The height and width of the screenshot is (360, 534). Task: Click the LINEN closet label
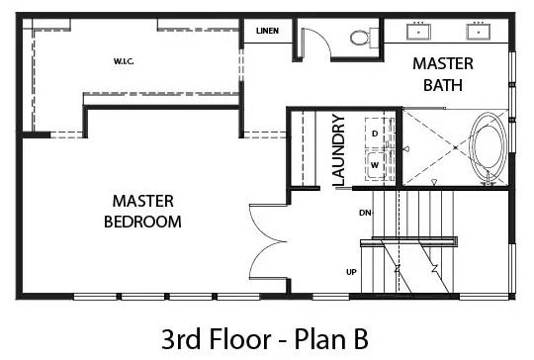[267, 31]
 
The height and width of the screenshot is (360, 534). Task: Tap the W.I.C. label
[124, 61]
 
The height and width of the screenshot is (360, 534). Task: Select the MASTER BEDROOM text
[142, 212]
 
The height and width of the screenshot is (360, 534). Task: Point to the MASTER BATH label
[443, 74]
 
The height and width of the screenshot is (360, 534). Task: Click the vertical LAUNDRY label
[339, 150]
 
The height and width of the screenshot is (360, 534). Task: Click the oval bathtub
[488, 148]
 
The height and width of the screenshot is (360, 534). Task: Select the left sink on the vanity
[418, 32]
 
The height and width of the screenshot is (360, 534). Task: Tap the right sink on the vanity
[479, 32]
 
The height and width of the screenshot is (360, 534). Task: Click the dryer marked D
[376, 134]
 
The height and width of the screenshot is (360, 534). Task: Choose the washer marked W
[376, 165]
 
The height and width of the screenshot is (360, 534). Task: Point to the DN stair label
[365, 213]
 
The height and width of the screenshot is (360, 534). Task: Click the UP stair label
[351, 272]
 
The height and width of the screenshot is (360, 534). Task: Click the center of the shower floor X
[455, 147]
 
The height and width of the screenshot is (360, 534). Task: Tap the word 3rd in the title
[181, 339]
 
